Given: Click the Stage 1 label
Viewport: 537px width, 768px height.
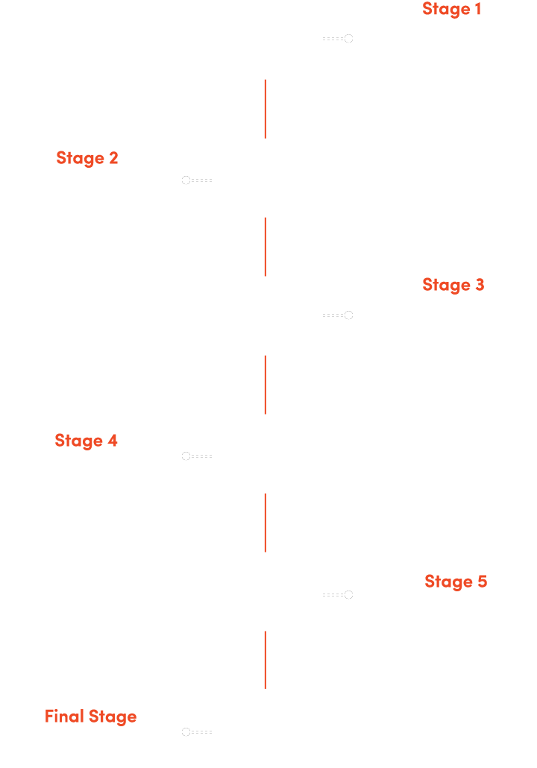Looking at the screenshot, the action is (451, 9).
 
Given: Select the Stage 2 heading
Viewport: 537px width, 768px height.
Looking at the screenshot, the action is (87, 158).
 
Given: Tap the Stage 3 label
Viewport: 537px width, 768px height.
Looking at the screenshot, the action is (453, 285).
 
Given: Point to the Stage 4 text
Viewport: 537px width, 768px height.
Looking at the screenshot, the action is (86, 441).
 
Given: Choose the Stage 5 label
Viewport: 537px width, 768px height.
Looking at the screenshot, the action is (456, 582).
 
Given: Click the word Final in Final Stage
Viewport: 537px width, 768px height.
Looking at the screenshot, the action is (64, 716).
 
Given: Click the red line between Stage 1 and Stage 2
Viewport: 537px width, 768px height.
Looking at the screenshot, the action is (266, 109).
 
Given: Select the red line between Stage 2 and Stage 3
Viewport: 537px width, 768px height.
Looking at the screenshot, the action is (266, 247).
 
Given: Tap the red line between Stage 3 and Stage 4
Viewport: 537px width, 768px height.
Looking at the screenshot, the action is (266, 385).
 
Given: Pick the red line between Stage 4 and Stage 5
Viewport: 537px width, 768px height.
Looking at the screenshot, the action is (266, 523).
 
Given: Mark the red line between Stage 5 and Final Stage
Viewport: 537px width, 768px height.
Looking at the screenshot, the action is (266, 660).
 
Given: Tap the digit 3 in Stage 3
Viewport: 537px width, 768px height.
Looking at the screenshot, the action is (480, 284).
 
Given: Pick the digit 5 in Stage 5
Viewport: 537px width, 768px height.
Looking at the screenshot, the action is (483, 581).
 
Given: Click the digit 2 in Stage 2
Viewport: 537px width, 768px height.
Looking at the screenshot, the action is (113, 158).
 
